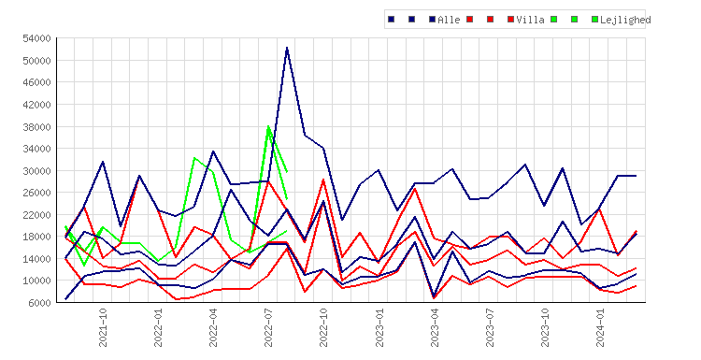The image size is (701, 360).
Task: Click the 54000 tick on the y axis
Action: pos(36,38)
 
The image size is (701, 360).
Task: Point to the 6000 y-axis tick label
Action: pos(39,303)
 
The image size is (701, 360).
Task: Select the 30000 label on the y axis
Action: pos(36,171)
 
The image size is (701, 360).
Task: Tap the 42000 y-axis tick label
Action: pos(36,105)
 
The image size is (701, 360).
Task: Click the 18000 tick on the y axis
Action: pos(36,237)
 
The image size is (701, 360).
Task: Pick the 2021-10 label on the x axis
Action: pos(103,327)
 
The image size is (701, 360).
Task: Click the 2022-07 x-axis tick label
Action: pos(268,327)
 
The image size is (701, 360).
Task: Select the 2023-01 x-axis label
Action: pos(379,327)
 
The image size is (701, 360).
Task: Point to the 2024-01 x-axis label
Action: pos(600,327)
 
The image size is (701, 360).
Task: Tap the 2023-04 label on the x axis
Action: pos(435,327)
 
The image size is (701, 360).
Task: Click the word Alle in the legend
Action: pos(449,20)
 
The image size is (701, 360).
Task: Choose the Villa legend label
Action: pos(530,20)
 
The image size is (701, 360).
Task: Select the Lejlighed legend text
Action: pos(625,20)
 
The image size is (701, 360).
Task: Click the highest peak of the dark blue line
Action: pos(287,48)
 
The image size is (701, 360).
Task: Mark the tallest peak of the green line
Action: pos(268,126)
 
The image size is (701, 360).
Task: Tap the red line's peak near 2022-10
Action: pos(323,180)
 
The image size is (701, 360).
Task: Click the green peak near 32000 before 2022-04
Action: pos(194,157)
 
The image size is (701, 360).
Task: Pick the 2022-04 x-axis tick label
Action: pos(213,327)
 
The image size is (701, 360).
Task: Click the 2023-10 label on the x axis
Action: pos(545,327)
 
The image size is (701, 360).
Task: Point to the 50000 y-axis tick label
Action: pos(36,61)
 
